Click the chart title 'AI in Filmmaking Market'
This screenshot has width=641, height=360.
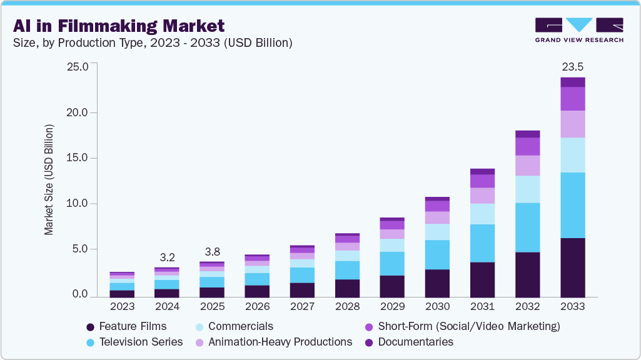[118, 26]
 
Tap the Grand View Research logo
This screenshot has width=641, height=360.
[578, 29]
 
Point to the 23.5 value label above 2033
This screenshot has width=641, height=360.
[572, 67]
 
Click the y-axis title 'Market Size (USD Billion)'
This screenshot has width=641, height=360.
[49, 180]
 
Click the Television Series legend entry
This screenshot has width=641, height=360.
[134, 342]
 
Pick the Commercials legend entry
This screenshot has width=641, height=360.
[235, 326]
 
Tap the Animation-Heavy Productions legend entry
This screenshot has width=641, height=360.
[274, 342]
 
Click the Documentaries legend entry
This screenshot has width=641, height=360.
[409, 342]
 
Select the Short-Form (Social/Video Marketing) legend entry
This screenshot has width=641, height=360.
[463, 326]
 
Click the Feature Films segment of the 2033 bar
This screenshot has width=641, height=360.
[572, 267]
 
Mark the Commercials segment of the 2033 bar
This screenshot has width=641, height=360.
[572, 155]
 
